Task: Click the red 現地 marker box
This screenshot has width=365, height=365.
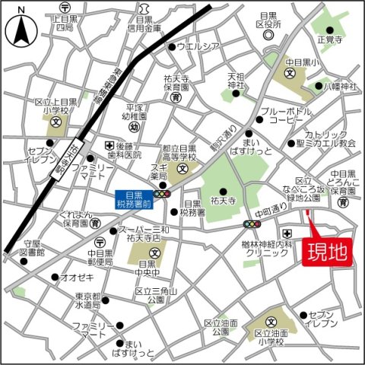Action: (x=328, y=252)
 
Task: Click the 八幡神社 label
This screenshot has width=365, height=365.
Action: (x=340, y=86)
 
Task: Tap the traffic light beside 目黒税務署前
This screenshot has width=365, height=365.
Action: (x=162, y=195)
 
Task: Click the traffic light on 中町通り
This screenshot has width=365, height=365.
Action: (x=251, y=224)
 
